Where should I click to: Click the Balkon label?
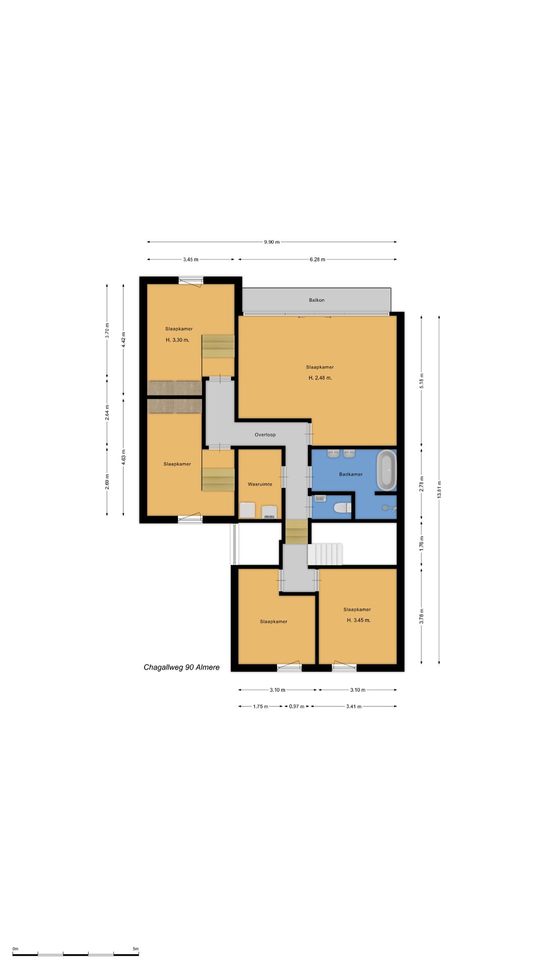[317, 300]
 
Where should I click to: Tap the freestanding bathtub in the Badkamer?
[387, 470]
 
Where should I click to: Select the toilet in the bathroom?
[342, 507]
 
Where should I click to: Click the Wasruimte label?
[260, 484]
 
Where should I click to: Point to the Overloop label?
[265, 434]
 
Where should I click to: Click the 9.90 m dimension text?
[271, 242]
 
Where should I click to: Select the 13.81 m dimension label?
[439, 489]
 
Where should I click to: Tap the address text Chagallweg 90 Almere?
[181, 667]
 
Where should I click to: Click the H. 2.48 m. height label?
[320, 378]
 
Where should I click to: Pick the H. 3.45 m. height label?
[358, 620]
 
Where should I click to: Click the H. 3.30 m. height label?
[177, 340]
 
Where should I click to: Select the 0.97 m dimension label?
[297, 707]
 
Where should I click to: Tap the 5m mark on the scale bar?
[135, 949]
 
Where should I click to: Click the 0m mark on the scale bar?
[15, 949]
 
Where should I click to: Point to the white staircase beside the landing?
[325, 554]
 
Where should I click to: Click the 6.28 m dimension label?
[317, 259]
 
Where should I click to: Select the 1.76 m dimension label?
[422, 543]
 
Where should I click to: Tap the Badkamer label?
[351, 474]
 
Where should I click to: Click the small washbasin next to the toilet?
[320, 498]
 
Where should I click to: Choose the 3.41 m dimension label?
[354, 707]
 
